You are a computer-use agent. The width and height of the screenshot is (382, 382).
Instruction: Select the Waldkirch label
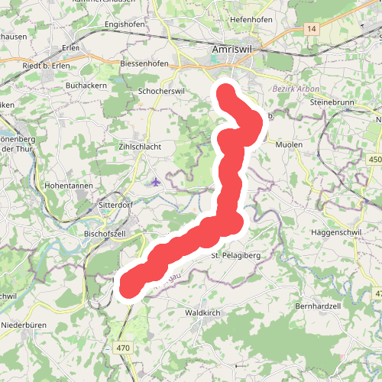tap(203, 313)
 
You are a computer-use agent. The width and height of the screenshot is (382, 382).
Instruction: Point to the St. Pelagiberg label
tap(236, 254)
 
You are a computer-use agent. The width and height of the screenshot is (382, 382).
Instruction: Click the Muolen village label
tap(289, 144)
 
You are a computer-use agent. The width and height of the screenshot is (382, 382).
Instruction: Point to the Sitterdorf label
tap(117, 205)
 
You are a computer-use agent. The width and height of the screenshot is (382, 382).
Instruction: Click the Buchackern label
tap(86, 86)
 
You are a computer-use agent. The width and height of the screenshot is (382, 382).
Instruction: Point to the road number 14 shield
tap(311, 28)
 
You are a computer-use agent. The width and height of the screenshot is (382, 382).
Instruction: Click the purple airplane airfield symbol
tap(156, 182)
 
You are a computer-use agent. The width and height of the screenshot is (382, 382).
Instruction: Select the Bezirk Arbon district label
tap(296, 89)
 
